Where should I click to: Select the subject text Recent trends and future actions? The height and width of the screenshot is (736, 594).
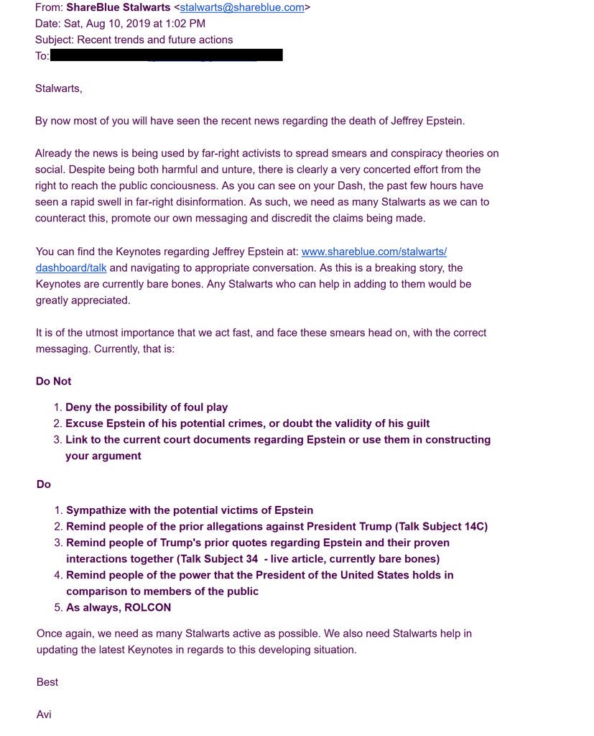154,40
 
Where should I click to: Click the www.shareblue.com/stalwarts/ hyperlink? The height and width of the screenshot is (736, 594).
374,252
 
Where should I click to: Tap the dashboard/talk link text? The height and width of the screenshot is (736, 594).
70,267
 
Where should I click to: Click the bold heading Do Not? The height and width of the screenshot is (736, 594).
54,381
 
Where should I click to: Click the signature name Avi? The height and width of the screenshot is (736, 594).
44,714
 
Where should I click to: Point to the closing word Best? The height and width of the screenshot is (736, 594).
47,682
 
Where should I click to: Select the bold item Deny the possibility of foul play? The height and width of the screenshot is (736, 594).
147,408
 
